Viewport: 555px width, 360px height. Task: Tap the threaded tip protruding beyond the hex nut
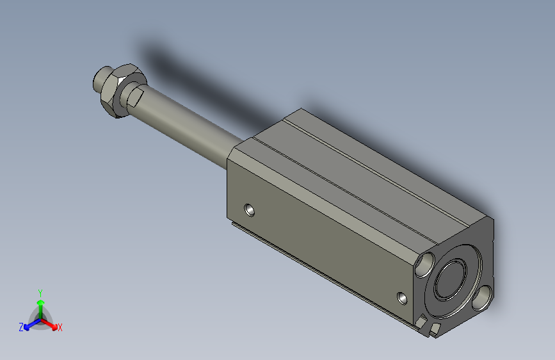pos(100,80)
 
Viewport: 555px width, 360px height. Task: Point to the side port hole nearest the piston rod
pos(250,209)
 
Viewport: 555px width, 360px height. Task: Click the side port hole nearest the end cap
pos(402,298)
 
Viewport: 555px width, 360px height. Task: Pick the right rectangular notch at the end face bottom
pos(435,329)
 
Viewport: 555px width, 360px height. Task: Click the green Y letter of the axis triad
pos(40,292)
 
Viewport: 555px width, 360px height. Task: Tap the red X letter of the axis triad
pos(60,327)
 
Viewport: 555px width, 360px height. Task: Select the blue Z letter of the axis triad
pos(21,327)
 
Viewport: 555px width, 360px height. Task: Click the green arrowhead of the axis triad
pos(40,302)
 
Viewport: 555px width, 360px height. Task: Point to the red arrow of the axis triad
pos(51,323)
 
